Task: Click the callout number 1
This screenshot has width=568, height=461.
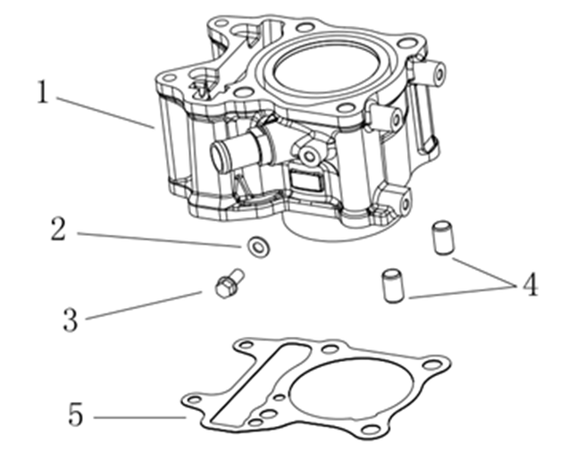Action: pyautogui.click(x=41, y=93)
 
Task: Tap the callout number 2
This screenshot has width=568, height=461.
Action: pyautogui.click(x=59, y=229)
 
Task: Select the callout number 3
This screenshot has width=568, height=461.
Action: pyautogui.click(x=71, y=319)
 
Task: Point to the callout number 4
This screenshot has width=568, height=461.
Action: pyautogui.click(x=530, y=286)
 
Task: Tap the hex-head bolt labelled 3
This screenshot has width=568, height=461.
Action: pyautogui.click(x=227, y=285)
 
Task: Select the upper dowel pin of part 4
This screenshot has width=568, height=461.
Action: pyautogui.click(x=439, y=239)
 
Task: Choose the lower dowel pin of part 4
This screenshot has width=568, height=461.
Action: pyautogui.click(x=390, y=285)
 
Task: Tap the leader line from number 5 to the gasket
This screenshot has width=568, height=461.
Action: pyautogui.click(x=138, y=417)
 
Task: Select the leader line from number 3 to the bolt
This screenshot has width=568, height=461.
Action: pyautogui.click(x=143, y=305)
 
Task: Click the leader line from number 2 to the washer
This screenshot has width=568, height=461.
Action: pyautogui.click(x=161, y=238)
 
